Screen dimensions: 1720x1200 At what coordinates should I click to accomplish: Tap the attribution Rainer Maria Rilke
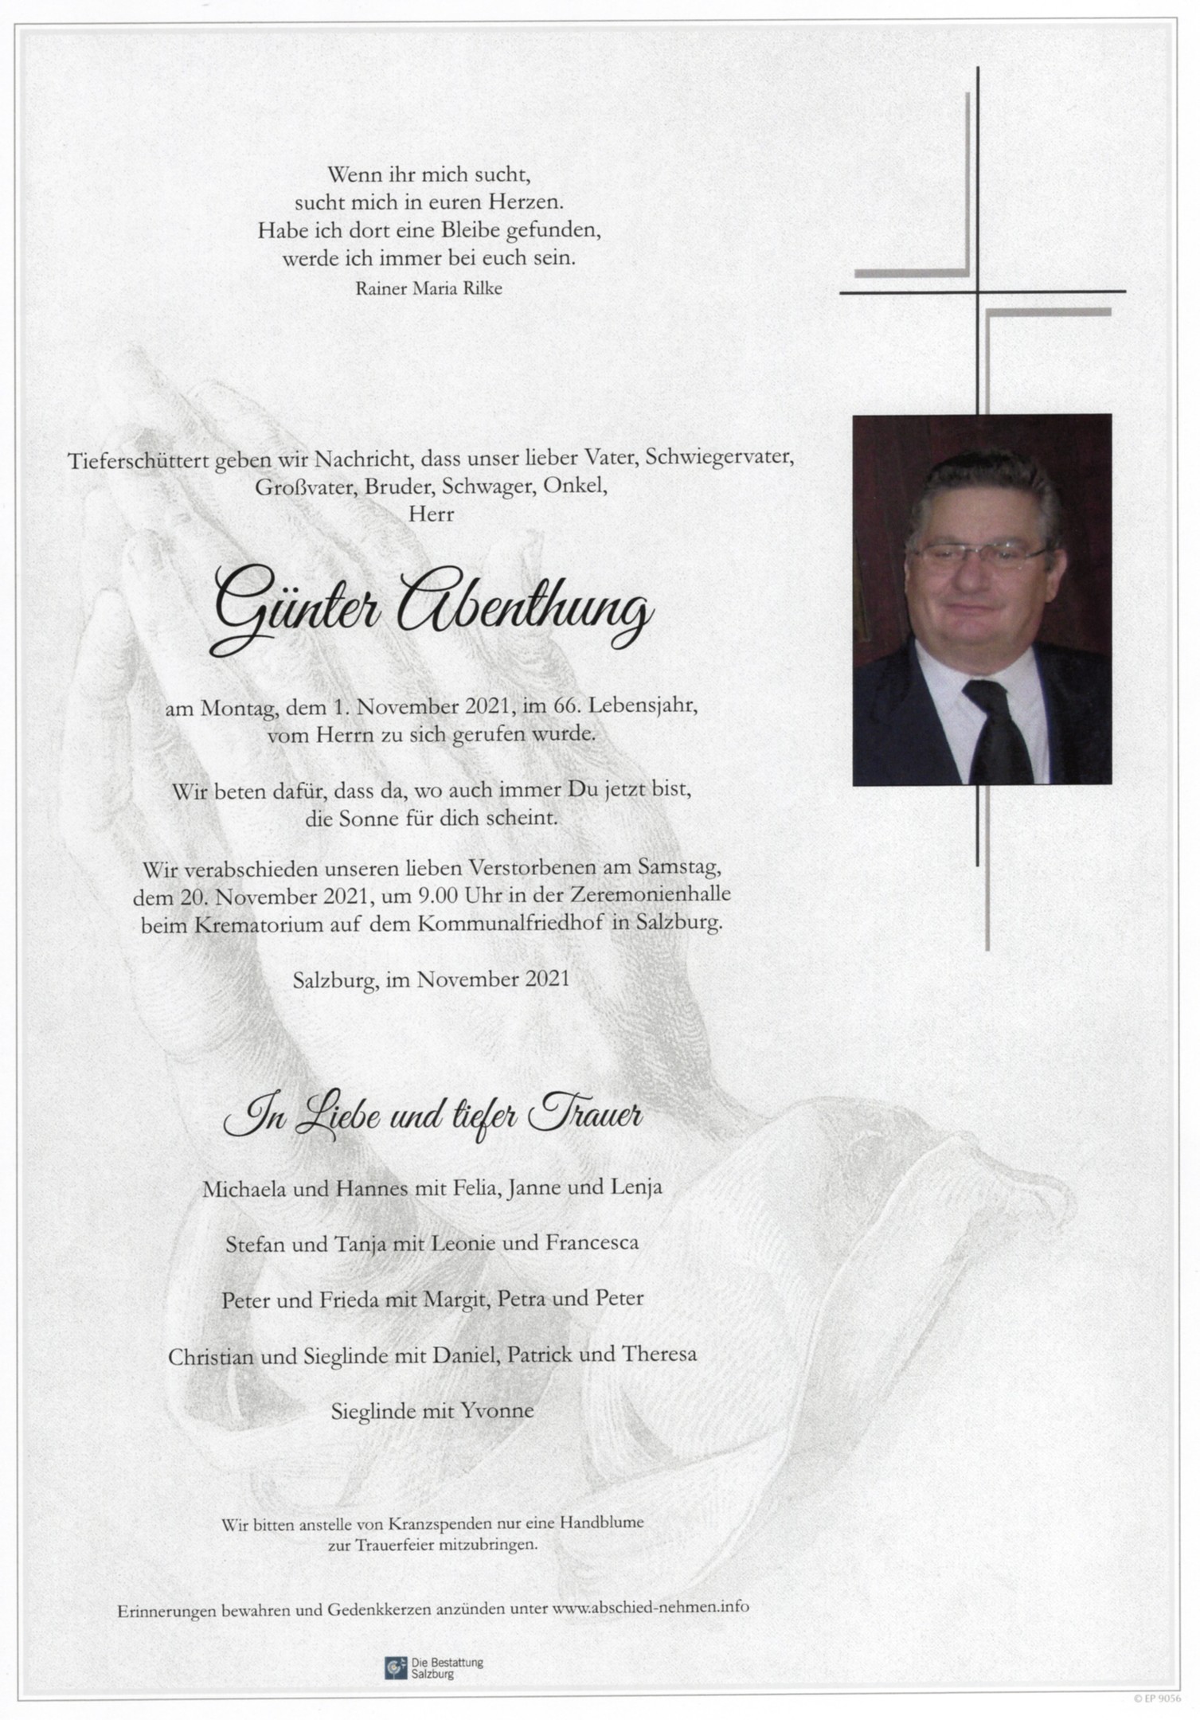coord(428,289)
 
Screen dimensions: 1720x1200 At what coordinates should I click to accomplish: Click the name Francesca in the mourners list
coord(592,1242)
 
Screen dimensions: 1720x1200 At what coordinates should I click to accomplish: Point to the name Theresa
coord(660,1354)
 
